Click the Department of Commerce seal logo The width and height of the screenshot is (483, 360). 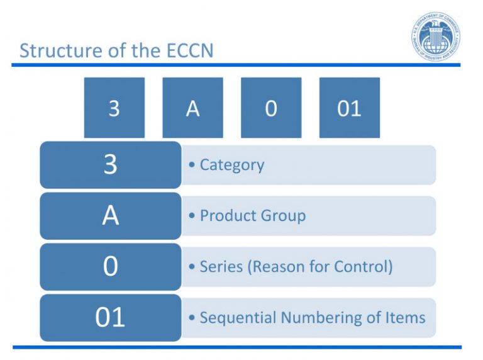pyautogui.click(x=436, y=36)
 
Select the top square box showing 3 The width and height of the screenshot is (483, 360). pyautogui.click(x=114, y=108)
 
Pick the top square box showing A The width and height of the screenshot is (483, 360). pyautogui.click(x=192, y=108)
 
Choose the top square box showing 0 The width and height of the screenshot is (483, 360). pyautogui.click(x=270, y=108)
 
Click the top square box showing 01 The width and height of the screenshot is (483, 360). pyautogui.click(x=349, y=108)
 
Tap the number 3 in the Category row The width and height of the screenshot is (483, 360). pyautogui.click(x=110, y=165)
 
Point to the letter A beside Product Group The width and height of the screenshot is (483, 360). pyautogui.click(x=110, y=216)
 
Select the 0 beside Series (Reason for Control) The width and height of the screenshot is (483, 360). pyautogui.click(x=110, y=267)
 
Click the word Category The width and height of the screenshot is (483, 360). pyautogui.click(x=231, y=166)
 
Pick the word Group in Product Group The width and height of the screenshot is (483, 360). pyautogui.click(x=280, y=216)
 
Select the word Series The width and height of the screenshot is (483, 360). pyautogui.click(x=218, y=267)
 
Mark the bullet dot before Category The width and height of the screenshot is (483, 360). pyautogui.click(x=192, y=166)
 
